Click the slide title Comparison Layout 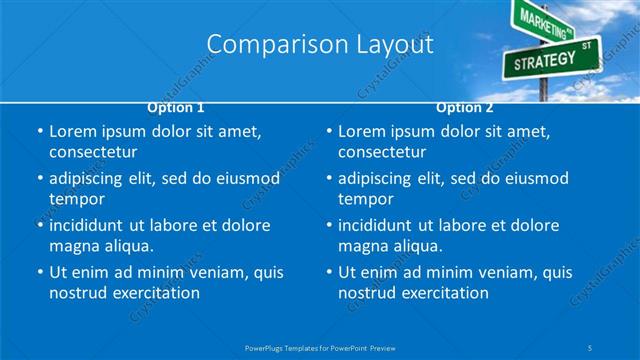(320, 44)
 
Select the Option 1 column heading (176, 107)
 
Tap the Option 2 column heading (465, 107)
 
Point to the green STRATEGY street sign (544, 61)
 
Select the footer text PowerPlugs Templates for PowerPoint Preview (320, 347)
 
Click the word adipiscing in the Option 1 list (90, 179)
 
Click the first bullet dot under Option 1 (39, 132)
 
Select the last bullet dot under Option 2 (328, 272)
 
